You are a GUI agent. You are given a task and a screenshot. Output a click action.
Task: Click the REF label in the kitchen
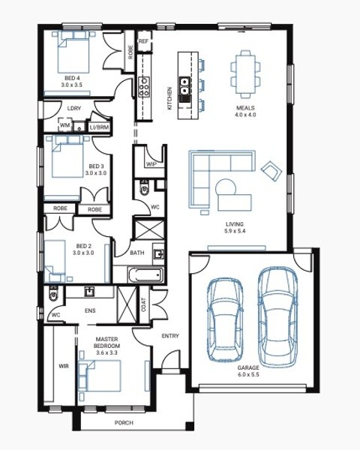pyautogui.click(x=143, y=41)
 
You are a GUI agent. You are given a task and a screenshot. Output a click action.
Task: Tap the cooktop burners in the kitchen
pyautogui.click(x=143, y=86)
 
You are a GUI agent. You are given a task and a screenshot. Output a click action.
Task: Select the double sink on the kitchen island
pyautogui.click(x=184, y=86)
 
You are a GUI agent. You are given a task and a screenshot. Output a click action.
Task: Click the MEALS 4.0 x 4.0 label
pyautogui.click(x=246, y=111)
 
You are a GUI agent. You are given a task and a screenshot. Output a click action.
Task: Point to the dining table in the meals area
pyautogui.click(x=246, y=74)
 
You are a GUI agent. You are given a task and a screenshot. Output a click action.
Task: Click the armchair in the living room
pyautogui.click(x=271, y=170)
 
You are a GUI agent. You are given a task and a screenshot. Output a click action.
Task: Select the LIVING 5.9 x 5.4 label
pyautogui.click(x=235, y=227)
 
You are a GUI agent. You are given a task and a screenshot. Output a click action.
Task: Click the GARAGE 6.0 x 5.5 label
pyautogui.click(x=248, y=370)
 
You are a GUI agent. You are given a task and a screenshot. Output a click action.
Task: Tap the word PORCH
pyautogui.click(x=124, y=423)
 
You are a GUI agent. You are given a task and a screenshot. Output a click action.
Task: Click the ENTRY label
pyautogui.click(x=170, y=336)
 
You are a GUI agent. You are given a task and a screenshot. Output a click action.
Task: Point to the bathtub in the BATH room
pyautogui.click(x=145, y=275)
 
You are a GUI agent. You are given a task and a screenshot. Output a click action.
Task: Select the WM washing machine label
pyautogui.click(x=65, y=125)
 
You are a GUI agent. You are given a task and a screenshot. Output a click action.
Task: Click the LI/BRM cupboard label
pyautogui.click(x=99, y=127)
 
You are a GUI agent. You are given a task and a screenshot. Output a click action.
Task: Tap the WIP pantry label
pyautogui.click(x=151, y=164)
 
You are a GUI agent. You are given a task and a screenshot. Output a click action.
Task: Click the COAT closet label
pyautogui.click(x=144, y=304)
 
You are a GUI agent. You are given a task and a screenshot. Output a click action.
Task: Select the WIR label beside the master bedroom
pyautogui.click(x=64, y=366)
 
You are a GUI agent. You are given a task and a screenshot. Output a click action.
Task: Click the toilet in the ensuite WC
pyautogui.click(x=53, y=293)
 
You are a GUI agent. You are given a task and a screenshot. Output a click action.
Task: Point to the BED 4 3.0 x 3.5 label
pyautogui.click(x=72, y=82)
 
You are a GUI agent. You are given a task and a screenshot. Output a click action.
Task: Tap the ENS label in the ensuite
pyautogui.click(x=90, y=310)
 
